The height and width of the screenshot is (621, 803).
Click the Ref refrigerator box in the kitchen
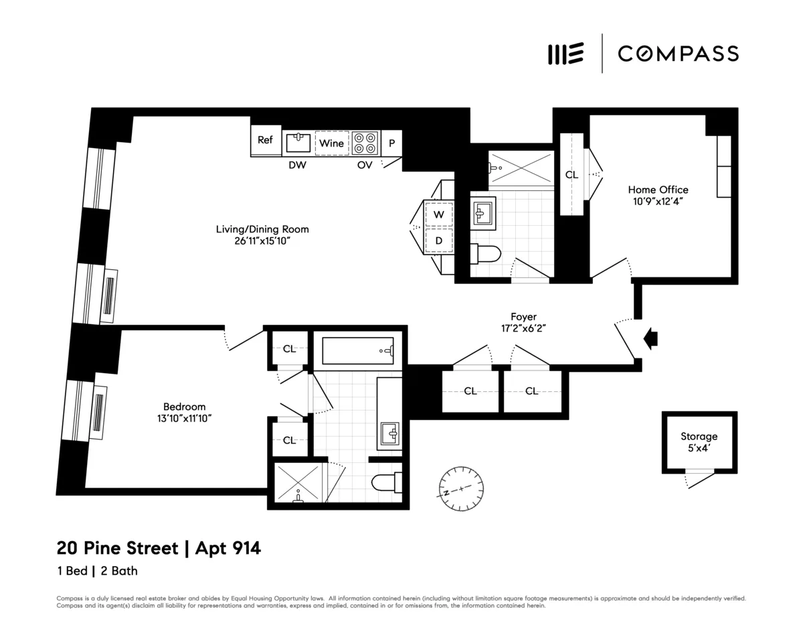coord(266,141)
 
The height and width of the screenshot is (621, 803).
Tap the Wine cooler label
coord(331,143)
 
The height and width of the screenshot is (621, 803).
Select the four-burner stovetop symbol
coord(365,143)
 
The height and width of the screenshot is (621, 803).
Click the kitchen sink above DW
coord(298,142)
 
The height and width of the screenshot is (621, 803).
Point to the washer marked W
coord(439,215)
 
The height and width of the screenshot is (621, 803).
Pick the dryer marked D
coord(439,240)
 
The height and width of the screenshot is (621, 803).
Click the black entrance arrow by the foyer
coord(649,338)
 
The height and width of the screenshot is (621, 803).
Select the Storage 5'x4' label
coord(699,442)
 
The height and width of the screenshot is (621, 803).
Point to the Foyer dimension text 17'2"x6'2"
coord(523,328)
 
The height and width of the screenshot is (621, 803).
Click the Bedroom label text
coord(184,407)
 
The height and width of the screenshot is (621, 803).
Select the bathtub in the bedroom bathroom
coord(358,350)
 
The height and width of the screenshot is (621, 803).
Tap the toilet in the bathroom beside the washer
coord(486,254)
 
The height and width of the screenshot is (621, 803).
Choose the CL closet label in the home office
coord(571,175)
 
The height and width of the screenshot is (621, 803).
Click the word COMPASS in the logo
coord(678,54)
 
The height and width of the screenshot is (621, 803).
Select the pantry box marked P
coord(391,143)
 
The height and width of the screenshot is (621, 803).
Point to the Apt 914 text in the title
coord(228,549)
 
